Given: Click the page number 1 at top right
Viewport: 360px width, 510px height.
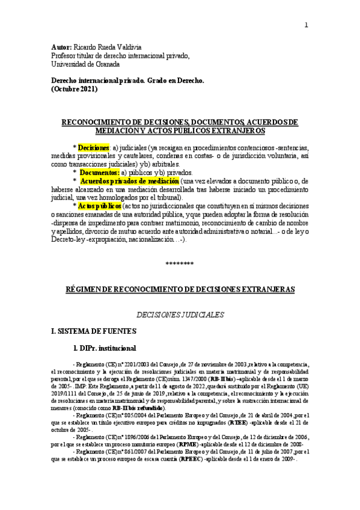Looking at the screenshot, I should [306, 25].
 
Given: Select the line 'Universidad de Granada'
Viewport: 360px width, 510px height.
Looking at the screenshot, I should [85, 64].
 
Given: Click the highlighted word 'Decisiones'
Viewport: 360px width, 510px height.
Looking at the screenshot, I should [93, 147].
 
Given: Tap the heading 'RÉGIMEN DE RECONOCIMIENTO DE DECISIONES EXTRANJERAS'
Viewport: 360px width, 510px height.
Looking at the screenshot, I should [180, 289].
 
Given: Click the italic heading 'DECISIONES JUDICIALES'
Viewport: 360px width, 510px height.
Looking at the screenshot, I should [180, 314].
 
